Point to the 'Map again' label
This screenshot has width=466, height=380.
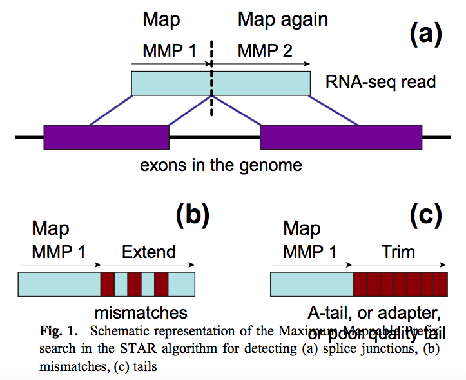[x=283, y=19]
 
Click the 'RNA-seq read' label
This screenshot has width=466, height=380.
[x=381, y=82]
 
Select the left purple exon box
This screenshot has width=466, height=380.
[x=106, y=137]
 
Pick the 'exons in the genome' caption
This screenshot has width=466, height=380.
[x=220, y=165]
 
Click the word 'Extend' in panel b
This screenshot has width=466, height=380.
[x=148, y=251]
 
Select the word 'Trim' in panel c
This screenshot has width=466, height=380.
[x=397, y=251]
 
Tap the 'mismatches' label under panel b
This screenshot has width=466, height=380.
[x=141, y=313]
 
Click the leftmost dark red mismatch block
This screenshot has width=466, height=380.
[x=107, y=284]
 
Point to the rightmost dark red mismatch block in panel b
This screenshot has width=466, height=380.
[x=161, y=284]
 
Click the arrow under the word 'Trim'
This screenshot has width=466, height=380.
[x=400, y=265]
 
